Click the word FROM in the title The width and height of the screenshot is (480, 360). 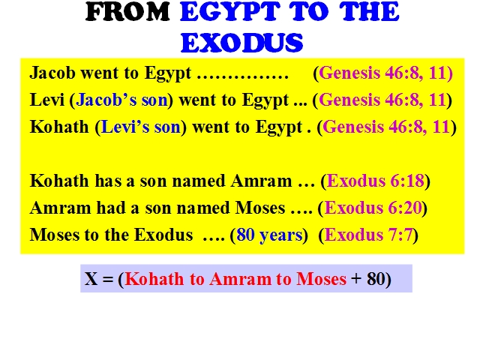click(127, 12)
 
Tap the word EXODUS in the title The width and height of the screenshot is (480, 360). click(241, 43)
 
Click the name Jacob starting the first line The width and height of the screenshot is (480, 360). click(52, 73)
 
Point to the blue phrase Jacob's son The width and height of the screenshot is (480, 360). click(121, 100)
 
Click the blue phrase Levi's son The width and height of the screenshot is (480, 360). click(141, 127)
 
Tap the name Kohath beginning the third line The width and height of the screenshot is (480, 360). click(59, 127)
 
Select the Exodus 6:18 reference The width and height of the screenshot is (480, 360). click(376, 181)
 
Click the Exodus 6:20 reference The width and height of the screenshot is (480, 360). click(373, 208)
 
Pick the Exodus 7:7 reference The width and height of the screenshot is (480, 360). click(368, 235)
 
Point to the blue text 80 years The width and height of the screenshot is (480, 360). click(269, 235)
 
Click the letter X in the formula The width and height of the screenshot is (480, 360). click(91, 279)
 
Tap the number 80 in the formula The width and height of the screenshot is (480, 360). click(376, 279)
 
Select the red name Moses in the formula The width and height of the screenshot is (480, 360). click(322, 279)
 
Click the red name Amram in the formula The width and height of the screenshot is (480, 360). click(240, 279)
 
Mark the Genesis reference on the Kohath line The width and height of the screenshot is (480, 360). click(387, 127)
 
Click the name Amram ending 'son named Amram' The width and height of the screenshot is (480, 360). click(262, 181)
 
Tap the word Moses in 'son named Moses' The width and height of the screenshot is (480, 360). click(260, 208)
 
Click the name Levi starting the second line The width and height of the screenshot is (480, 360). click(46, 100)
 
